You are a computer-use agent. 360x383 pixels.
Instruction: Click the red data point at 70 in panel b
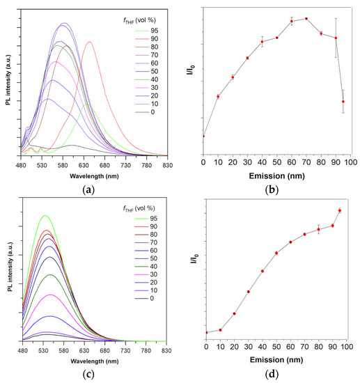tap(306, 19)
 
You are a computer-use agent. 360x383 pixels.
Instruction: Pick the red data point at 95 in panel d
tap(340, 210)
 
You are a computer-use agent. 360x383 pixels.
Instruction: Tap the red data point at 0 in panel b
tap(203, 136)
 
